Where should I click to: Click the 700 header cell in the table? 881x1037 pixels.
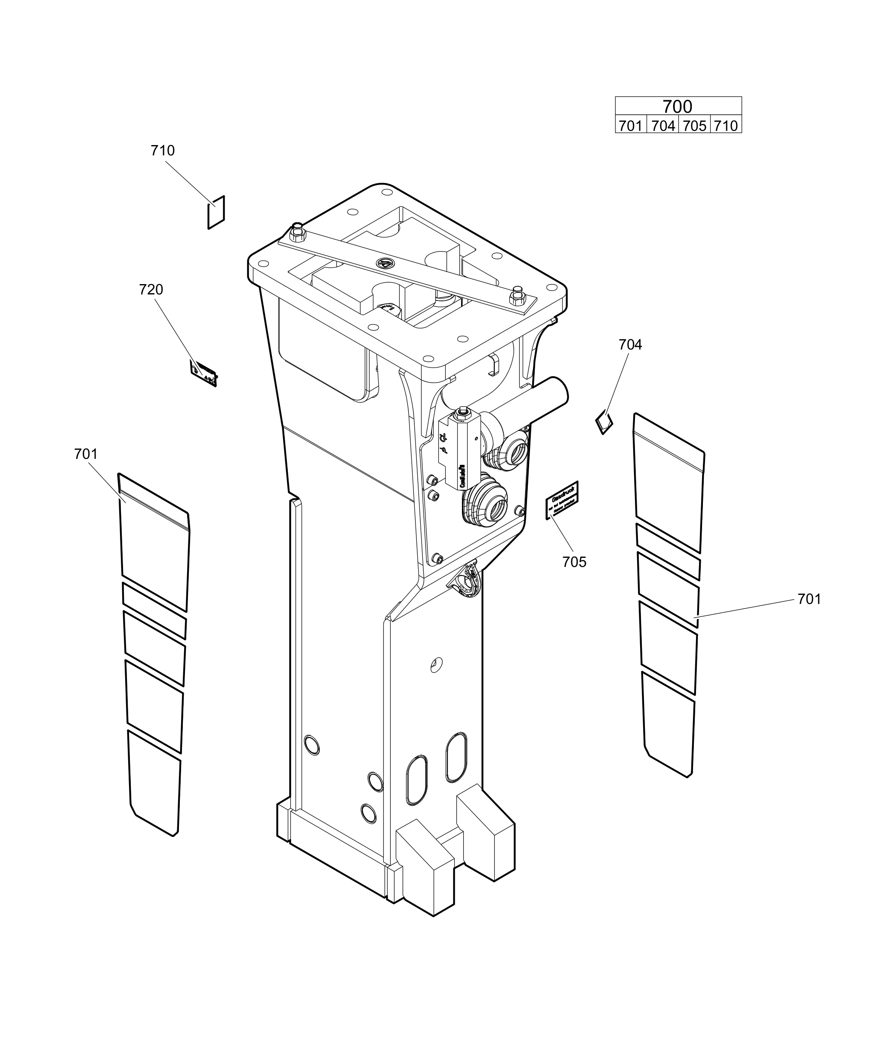click(x=677, y=106)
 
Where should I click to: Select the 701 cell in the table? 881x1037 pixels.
click(x=630, y=125)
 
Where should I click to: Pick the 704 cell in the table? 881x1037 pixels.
click(x=663, y=125)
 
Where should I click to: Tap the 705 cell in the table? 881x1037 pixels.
click(x=694, y=125)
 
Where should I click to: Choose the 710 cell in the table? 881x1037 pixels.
click(x=726, y=125)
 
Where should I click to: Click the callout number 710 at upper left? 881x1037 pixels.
click(x=162, y=150)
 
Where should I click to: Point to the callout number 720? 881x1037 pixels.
click(x=151, y=289)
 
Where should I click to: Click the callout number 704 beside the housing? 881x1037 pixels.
click(x=630, y=344)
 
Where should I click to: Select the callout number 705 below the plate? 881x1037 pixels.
click(x=574, y=562)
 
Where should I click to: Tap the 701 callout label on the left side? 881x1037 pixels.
click(x=86, y=454)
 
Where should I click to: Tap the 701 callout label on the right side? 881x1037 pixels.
click(x=809, y=599)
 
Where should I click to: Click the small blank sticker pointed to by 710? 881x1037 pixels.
click(x=216, y=212)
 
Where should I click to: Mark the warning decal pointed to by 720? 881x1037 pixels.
click(x=204, y=373)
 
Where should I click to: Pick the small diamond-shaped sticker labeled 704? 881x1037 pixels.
click(x=604, y=422)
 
